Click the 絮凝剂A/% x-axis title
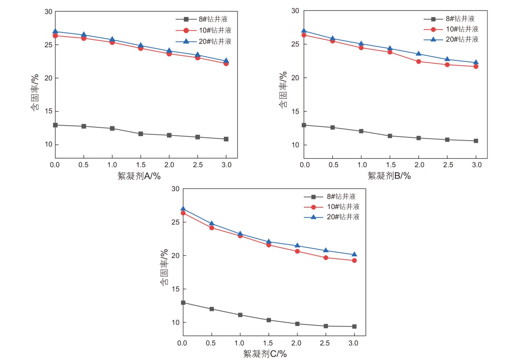(x=139, y=176)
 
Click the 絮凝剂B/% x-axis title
(x=389, y=176)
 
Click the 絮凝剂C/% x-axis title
(x=265, y=354)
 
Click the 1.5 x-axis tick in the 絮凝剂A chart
(x=141, y=165)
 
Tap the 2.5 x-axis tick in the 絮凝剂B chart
(x=448, y=165)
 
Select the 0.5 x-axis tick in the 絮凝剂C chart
(x=211, y=343)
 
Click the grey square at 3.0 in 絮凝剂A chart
(x=226, y=139)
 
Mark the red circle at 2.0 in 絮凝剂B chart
(x=419, y=62)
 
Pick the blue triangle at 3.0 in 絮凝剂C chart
(x=354, y=254)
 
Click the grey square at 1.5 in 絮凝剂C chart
(x=269, y=320)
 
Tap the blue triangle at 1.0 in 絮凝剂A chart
(x=112, y=40)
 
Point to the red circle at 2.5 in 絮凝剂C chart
(x=326, y=258)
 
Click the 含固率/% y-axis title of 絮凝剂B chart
(x=283, y=90)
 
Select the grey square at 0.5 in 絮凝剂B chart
(x=332, y=127)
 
